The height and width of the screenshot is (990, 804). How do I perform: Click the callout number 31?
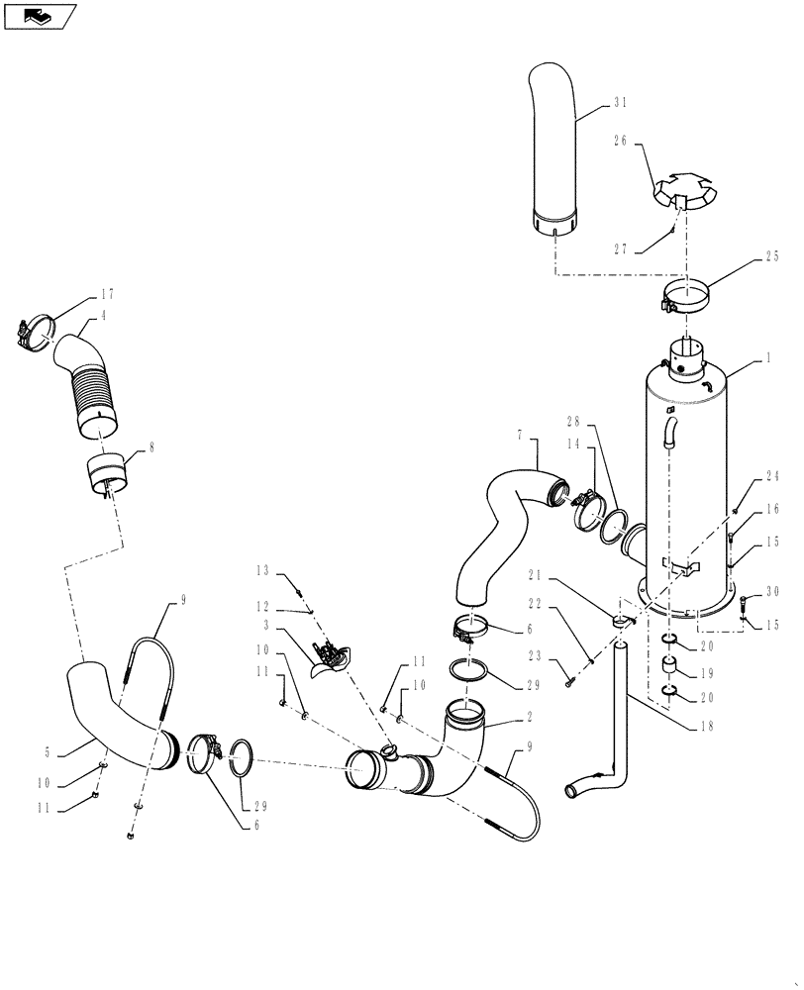click(621, 102)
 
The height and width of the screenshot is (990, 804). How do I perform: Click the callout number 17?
click(108, 294)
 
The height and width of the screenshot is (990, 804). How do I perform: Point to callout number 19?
click(704, 670)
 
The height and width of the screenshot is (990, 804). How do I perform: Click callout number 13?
click(263, 572)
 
